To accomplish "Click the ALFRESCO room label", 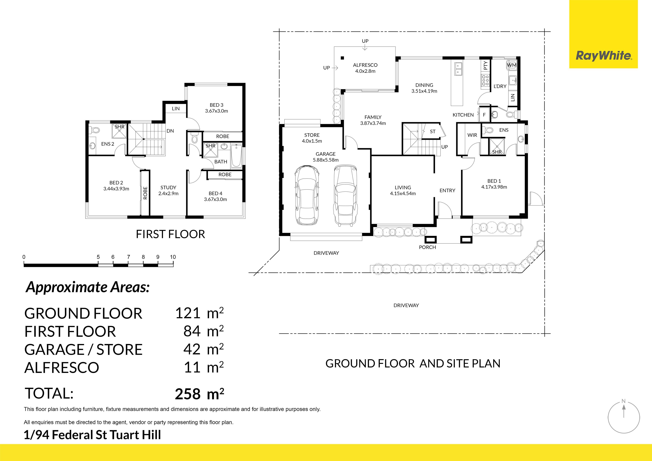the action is (365, 65).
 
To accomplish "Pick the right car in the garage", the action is (345, 196).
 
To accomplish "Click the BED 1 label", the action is (494, 181).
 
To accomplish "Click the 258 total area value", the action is (188, 394).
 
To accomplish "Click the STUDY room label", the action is (168, 187).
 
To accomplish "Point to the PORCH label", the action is (427, 247).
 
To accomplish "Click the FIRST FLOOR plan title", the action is (170, 234).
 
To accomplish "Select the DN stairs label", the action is (170, 131).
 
